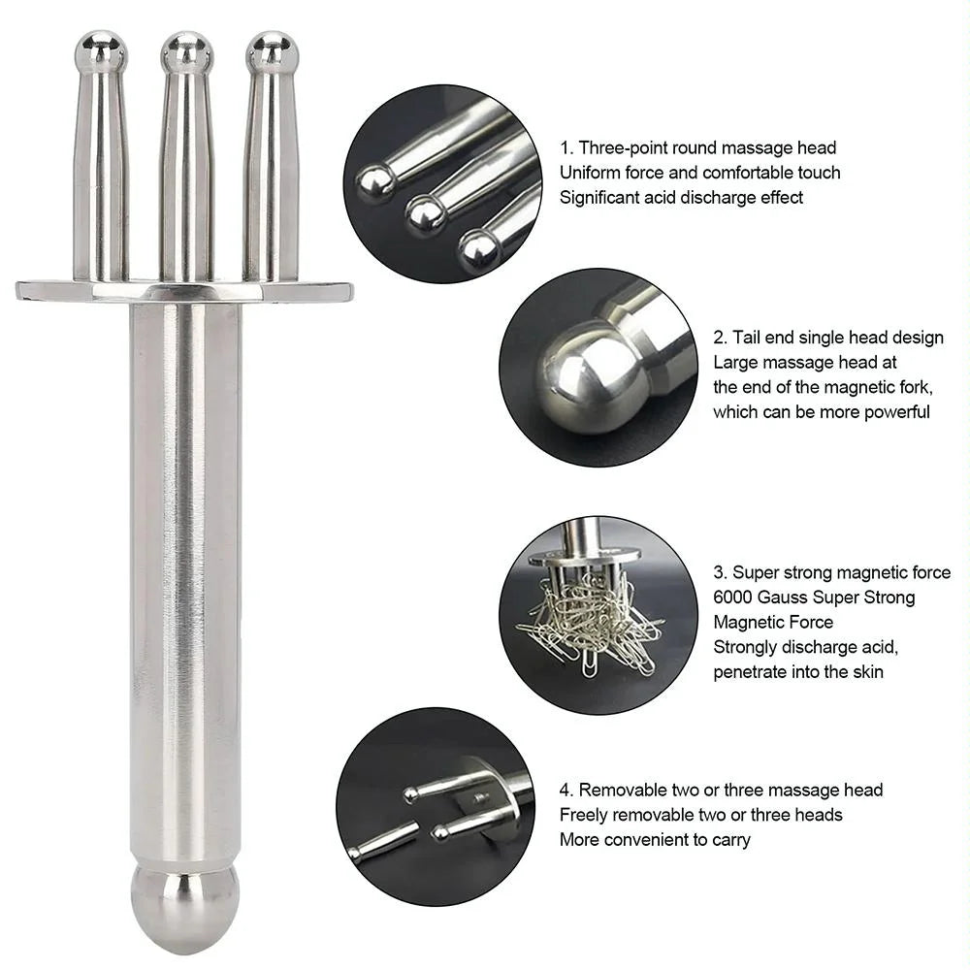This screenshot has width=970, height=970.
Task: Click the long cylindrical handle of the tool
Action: (x=184, y=582)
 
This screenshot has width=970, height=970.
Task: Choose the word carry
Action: (x=729, y=840)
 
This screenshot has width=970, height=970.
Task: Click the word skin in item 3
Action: (x=865, y=672)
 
